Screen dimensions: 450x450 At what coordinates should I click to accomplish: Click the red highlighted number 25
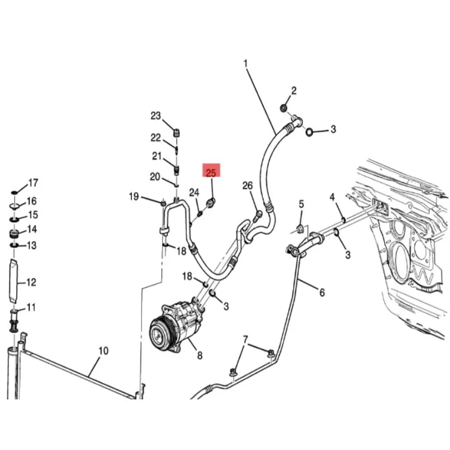pos(211,171)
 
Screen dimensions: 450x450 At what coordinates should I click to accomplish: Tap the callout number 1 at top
pos(245,64)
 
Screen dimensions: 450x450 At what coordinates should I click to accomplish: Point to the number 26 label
pos(247,186)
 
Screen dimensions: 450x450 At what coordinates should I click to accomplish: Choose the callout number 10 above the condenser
pos(103,352)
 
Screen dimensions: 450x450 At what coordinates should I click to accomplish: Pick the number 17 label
pos(33,183)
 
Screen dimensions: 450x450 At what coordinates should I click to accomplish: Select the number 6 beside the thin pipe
pos(322,292)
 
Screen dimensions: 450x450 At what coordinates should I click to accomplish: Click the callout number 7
pos(245,340)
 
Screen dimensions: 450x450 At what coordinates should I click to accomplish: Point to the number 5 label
pos(301,204)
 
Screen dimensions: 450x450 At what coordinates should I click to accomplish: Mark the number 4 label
pos(332,197)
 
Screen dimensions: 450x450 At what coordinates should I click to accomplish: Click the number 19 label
pos(133,196)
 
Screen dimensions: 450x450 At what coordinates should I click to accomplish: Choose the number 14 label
pos(32,229)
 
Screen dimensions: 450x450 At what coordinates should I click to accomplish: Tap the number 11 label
pos(31,307)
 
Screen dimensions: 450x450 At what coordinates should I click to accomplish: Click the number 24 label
pos(193,192)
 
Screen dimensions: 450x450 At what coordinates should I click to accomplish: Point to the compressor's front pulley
pos(160,330)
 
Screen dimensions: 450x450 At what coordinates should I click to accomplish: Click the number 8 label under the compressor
pos(199,355)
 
